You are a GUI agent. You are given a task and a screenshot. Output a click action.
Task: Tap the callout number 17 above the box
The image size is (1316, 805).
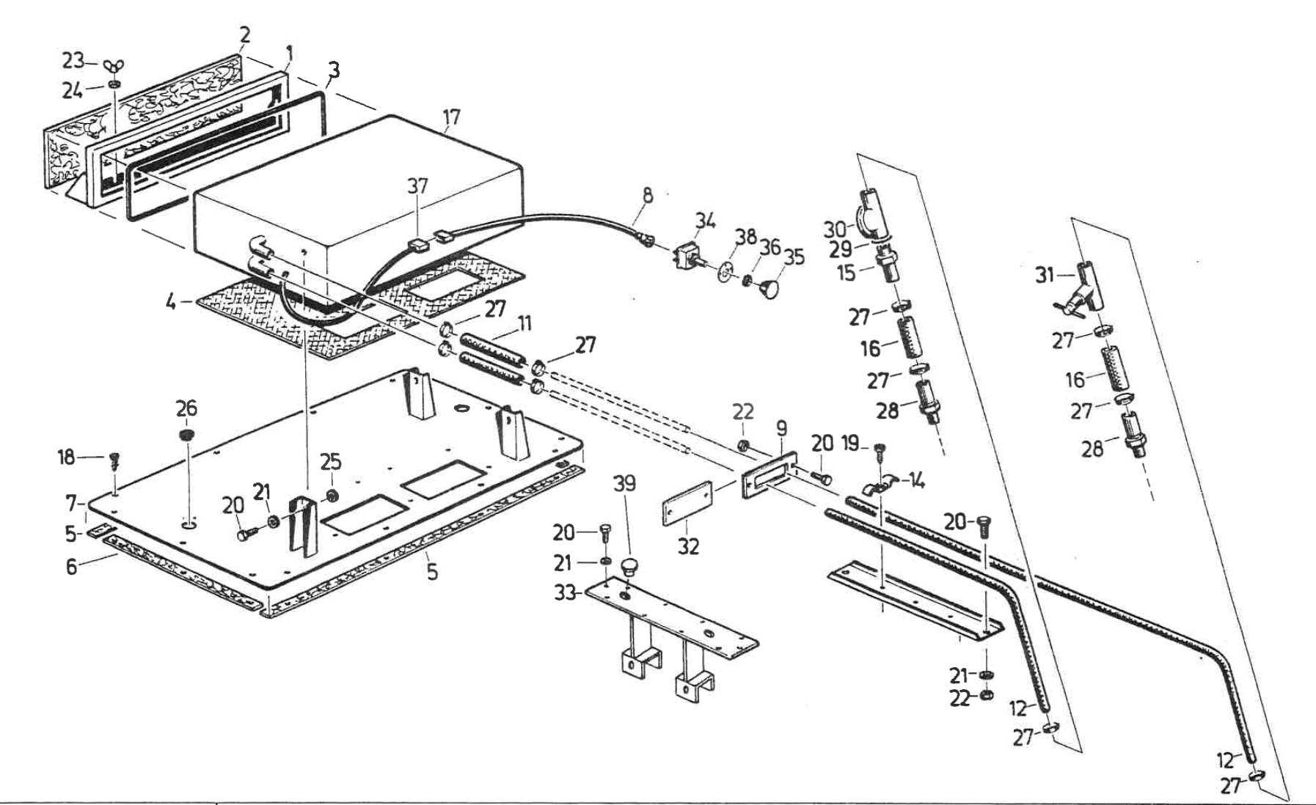(452, 117)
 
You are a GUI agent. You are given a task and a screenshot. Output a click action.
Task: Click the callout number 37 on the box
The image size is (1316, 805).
(417, 186)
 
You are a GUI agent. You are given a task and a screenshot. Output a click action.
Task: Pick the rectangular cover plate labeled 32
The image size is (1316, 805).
(688, 504)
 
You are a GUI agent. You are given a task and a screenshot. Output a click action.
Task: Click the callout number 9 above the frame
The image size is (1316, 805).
(781, 427)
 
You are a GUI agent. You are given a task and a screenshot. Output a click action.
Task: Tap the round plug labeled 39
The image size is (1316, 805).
(628, 566)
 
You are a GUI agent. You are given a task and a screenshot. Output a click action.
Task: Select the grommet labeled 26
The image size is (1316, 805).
(187, 435)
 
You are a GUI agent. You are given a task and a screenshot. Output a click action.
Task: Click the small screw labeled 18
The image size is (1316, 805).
(114, 460)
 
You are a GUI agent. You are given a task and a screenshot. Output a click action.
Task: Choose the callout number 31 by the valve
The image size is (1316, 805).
(1045, 275)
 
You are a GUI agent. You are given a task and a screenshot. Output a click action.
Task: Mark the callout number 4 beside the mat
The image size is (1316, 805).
(171, 301)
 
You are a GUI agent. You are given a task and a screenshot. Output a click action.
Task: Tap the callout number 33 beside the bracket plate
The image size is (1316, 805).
(565, 592)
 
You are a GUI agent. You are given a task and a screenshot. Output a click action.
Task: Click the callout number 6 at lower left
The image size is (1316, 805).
(71, 567)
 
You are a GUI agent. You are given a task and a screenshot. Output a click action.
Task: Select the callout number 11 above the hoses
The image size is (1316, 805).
(524, 324)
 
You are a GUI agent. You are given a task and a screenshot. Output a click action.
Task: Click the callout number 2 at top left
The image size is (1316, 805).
(244, 34)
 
